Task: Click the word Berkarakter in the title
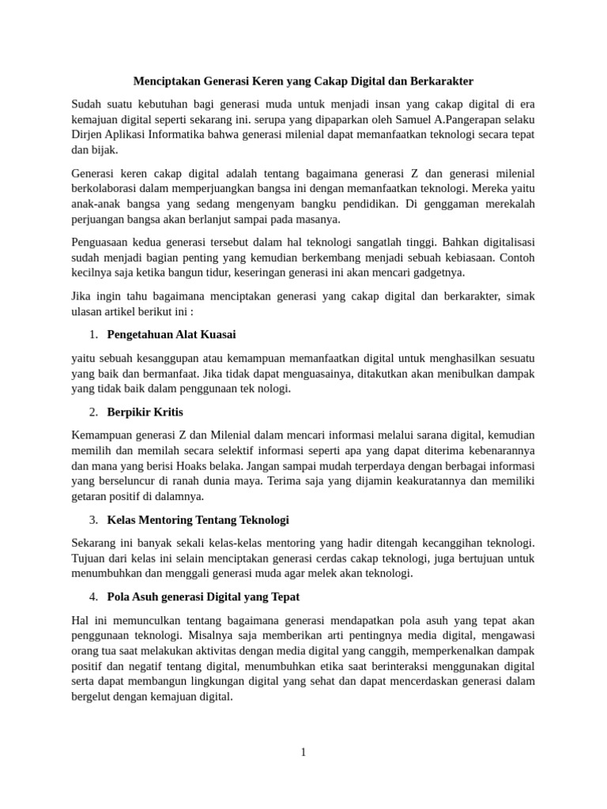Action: coord(439,81)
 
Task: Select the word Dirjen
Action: coord(87,134)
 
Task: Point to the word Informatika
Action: coord(175,134)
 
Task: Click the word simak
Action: coord(519,296)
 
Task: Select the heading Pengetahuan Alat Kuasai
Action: coord(171,334)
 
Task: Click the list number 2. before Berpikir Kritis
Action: coord(93,412)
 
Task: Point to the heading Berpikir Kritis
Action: coord(145,412)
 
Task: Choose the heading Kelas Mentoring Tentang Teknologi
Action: coord(198,520)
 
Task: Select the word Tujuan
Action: coord(89,559)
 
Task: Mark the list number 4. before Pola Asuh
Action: coord(93,596)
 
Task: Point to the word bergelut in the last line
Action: coord(92,697)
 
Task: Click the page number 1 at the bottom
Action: coord(303,752)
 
